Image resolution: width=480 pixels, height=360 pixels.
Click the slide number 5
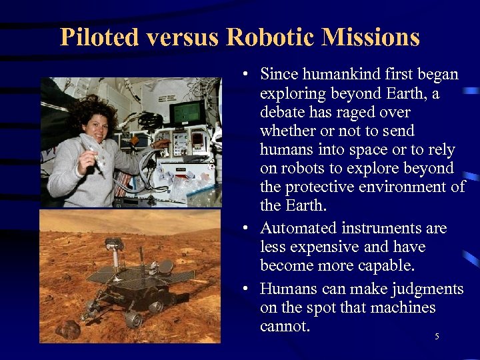437,337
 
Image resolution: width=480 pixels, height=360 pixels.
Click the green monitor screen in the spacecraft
186,111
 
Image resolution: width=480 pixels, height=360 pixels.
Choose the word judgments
423,289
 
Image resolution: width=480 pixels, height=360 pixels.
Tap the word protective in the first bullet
317,187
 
